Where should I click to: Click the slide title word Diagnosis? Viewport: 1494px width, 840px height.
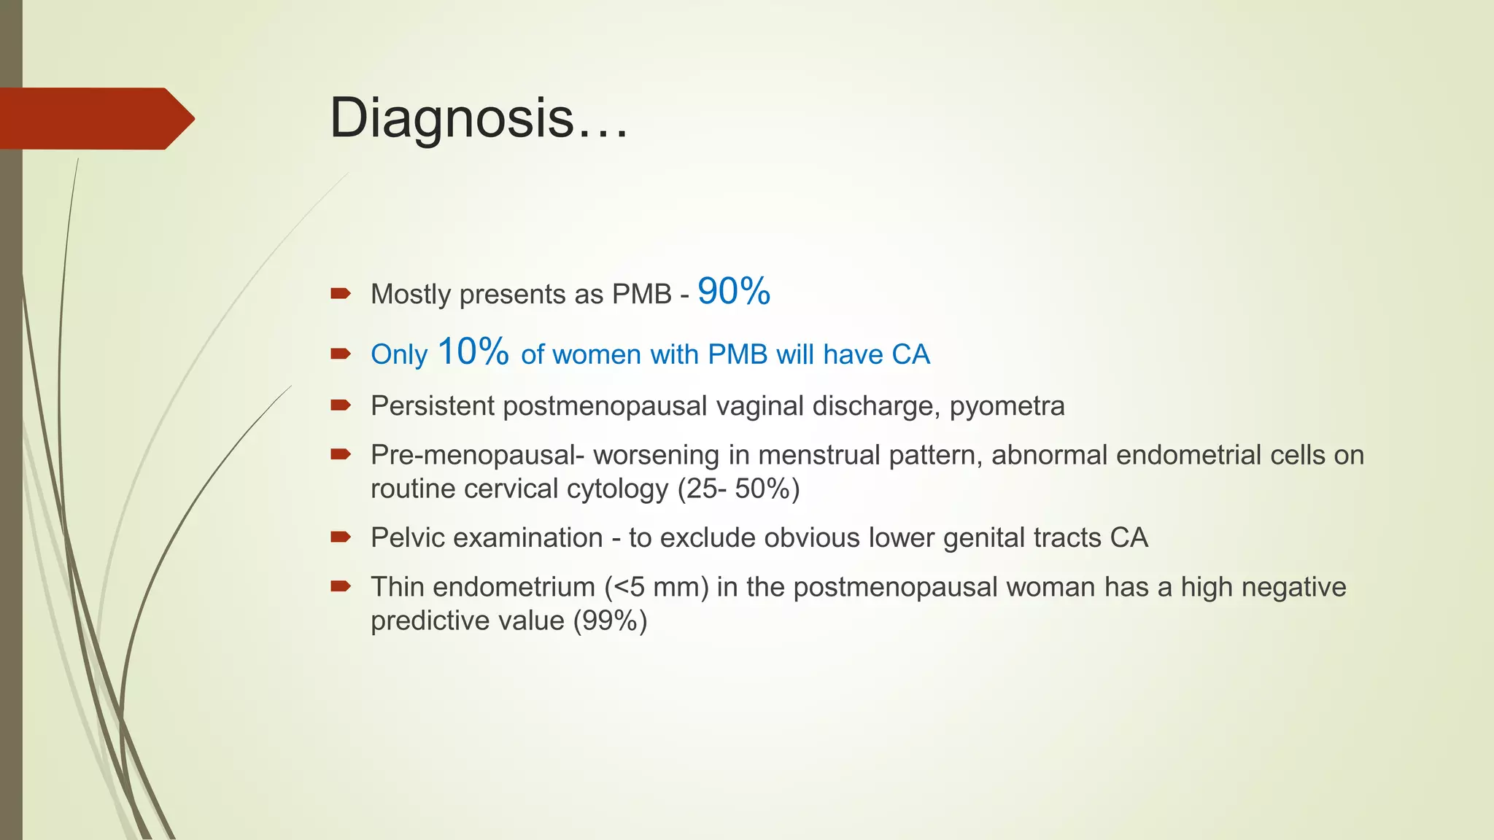tap(452, 118)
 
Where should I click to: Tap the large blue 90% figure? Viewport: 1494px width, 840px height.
tap(734, 292)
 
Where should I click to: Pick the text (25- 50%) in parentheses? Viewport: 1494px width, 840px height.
tap(738, 489)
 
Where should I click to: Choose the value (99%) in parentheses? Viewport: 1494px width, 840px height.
tap(610, 621)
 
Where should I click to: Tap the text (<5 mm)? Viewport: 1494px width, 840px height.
tap(657, 587)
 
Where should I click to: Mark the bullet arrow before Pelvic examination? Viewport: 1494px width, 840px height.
tap(341, 537)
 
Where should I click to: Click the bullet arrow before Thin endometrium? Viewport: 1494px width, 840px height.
tap(341, 586)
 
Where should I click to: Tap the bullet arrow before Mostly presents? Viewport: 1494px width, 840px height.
tap(341, 294)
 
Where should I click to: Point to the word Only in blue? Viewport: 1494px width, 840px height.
tap(399, 355)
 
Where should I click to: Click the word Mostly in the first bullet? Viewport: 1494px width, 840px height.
tap(411, 295)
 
